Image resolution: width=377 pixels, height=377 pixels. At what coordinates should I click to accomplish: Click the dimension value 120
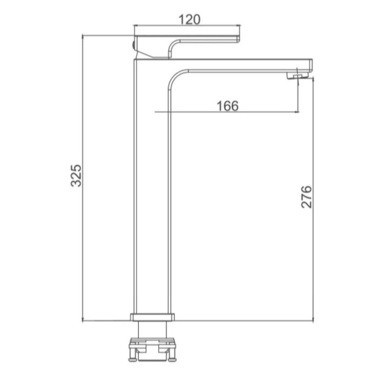190,19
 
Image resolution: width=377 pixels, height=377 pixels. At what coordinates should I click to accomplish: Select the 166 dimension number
228,106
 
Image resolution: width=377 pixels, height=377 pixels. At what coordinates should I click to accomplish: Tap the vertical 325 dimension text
76,176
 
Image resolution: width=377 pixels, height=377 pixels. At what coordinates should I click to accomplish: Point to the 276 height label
306,197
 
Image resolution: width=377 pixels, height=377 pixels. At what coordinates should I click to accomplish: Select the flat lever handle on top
187,46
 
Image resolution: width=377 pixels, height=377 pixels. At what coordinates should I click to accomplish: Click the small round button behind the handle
133,45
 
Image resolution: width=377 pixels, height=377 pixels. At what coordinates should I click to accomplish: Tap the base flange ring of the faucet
152,317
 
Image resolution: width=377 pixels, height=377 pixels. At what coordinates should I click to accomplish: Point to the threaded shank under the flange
152,329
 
